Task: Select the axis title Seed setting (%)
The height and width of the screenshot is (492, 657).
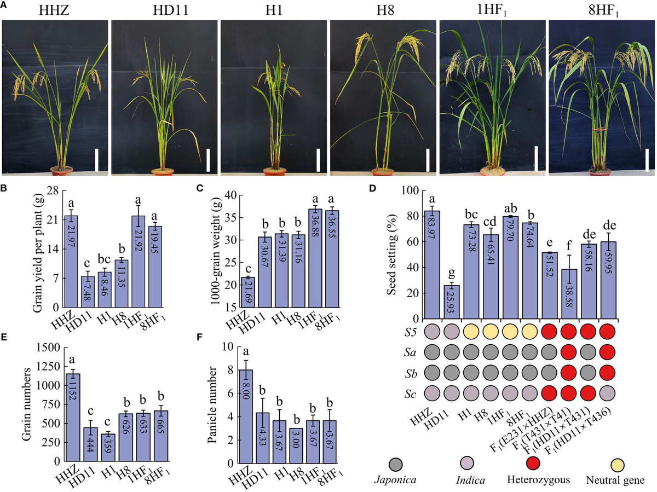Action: pos(391,255)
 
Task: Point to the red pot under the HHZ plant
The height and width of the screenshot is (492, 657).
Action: pos(62,171)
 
